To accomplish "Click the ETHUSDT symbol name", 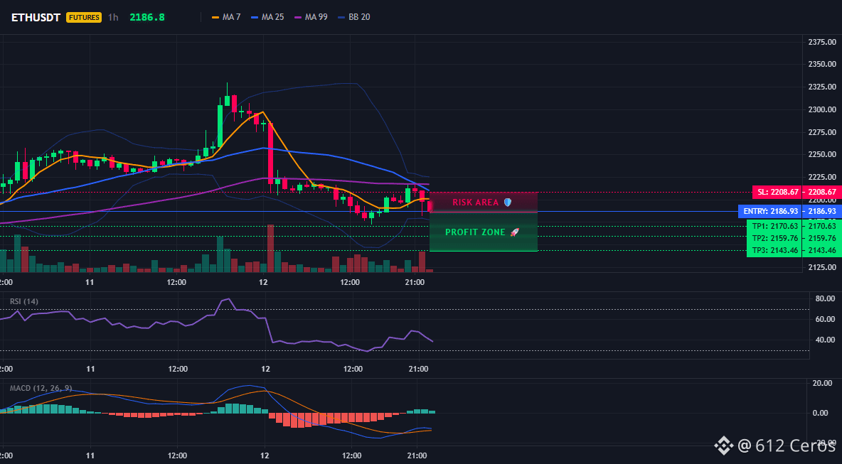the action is click(36, 17).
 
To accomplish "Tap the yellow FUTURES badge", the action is click(84, 17).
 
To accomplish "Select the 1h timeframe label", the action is click(113, 17).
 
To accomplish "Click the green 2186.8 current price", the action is click(147, 17).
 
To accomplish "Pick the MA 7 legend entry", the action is click(226, 17).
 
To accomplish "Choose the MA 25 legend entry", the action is click(267, 17).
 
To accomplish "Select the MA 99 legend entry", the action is click(311, 17).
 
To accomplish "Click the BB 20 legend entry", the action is click(354, 17).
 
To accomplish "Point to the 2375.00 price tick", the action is click(821, 42).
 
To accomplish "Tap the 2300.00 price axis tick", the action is click(821, 109).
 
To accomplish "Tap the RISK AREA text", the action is click(476, 203).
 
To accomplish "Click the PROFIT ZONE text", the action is click(475, 232).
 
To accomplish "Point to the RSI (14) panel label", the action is click(24, 301).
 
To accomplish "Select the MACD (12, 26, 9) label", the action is click(41, 388).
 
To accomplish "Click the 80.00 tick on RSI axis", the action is click(824, 298).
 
